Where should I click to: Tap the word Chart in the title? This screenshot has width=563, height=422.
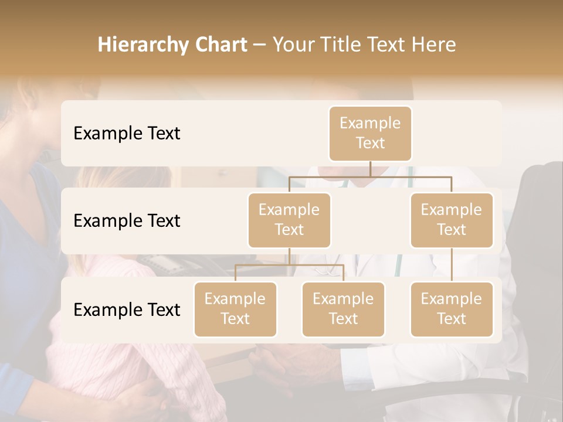[221, 45]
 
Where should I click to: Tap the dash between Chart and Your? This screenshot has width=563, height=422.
[259, 46]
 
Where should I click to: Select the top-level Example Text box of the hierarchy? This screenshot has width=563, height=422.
[370, 134]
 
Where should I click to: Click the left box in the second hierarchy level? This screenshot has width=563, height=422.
[289, 220]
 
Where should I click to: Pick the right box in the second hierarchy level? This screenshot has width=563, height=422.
[452, 220]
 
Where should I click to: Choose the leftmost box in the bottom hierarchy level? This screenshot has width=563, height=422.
[235, 309]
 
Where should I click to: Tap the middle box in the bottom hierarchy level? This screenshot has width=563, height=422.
[343, 309]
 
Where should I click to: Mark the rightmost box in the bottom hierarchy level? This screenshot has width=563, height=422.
[452, 309]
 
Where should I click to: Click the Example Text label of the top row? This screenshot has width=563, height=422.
[127, 134]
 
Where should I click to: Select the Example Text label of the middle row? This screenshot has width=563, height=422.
[127, 221]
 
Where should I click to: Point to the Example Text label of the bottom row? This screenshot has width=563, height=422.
[127, 309]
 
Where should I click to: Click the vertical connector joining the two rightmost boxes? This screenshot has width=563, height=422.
[452, 265]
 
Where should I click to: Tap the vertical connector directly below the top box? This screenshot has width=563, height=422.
[370, 169]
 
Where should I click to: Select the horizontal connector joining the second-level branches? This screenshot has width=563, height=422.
[370, 176]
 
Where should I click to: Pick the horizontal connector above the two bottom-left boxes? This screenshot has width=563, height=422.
[289, 265]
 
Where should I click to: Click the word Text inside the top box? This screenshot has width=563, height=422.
[370, 144]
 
